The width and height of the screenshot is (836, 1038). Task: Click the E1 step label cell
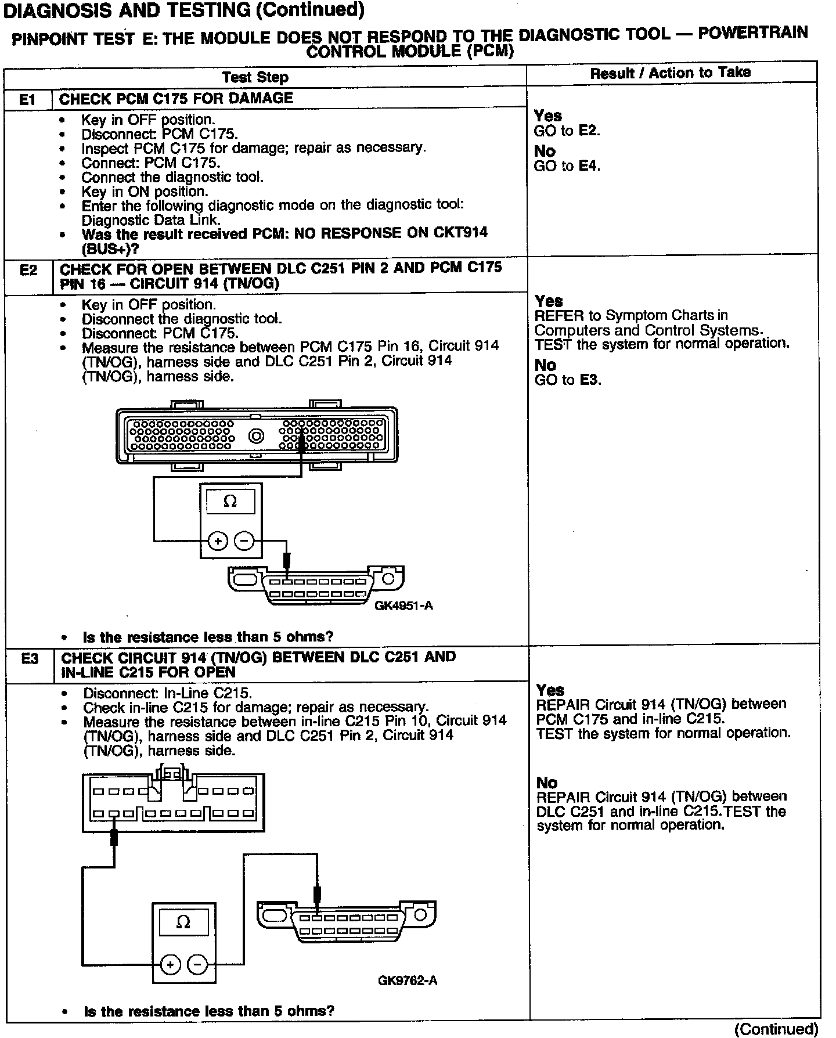27,100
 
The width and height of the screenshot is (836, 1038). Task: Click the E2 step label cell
28,270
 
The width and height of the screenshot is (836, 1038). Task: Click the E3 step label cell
30,658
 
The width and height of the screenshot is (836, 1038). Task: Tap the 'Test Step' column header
255,77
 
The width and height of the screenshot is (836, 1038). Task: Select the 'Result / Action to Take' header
671,73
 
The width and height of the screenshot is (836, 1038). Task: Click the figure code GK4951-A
403,606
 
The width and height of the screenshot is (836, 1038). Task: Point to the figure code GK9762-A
408,981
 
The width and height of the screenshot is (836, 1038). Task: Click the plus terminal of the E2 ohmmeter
218,542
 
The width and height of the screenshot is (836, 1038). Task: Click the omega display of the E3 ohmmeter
183,922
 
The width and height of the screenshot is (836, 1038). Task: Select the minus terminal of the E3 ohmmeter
197,965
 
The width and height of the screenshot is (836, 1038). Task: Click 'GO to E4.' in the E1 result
567,166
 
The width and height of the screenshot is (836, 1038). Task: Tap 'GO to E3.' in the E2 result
567,380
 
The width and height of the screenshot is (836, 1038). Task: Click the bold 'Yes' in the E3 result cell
550,690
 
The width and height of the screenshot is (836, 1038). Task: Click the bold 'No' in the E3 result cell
547,783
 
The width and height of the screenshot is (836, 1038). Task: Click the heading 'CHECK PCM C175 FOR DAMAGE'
176,99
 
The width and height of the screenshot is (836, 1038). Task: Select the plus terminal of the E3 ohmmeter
170,965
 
